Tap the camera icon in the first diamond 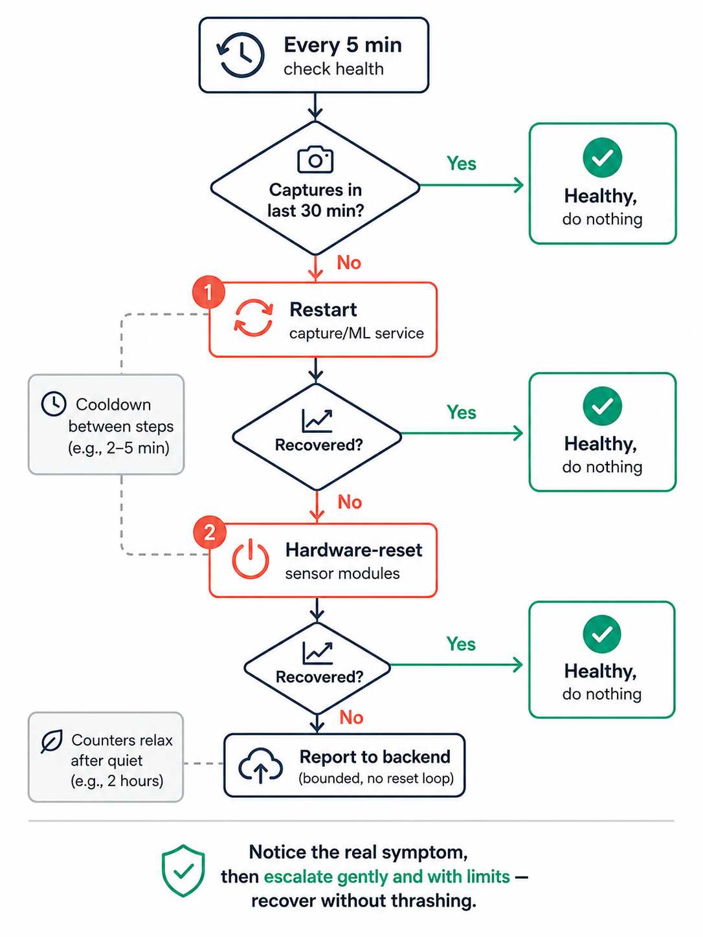(315, 160)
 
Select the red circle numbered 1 (208, 292)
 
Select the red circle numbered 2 (209, 533)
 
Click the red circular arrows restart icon (254, 318)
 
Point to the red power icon (251, 559)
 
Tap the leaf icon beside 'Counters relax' (52, 742)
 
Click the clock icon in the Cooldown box (53, 403)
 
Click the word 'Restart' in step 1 (323, 309)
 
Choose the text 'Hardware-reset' (354, 550)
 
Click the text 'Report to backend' (375, 757)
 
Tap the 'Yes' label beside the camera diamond (462, 163)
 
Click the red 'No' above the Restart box (349, 263)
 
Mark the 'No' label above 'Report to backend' (351, 718)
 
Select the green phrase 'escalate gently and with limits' (386, 877)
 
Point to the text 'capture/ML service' (357, 333)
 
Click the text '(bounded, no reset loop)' (376, 778)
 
